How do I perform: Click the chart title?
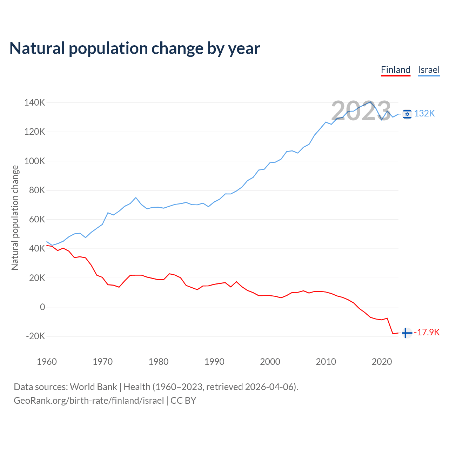click(x=135, y=48)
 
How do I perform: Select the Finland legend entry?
click(x=395, y=70)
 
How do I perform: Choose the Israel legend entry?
click(x=429, y=70)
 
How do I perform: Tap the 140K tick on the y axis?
click(x=35, y=103)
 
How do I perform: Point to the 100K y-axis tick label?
click(x=35, y=161)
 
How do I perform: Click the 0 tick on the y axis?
click(x=42, y=307)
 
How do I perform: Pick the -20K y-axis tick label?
click(x=35, y=336)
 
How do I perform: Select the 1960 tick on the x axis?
click(x=47, y=362)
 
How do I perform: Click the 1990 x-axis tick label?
click(x=214, y=362)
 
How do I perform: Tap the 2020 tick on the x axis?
click(x=382, y=362)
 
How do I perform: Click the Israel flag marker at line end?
click(x=407, y=114)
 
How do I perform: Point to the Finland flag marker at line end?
click(x=407, y=333)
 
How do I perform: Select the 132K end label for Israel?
click(x=424, y=114)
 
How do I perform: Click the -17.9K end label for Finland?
click(x=427, y=332)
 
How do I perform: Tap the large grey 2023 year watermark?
click(x=361, y=111)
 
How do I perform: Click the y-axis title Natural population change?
click(x=15, y=218)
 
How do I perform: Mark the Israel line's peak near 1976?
click(x=136, y=197)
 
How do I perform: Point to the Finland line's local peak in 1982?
click(x=169, y=274)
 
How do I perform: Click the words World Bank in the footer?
click(x=93, y=387)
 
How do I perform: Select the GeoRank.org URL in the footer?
click(x=89, y=401)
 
